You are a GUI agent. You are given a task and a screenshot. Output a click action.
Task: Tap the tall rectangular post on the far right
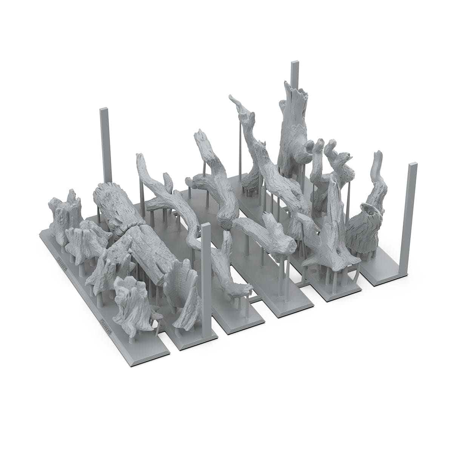coord(412,211)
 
